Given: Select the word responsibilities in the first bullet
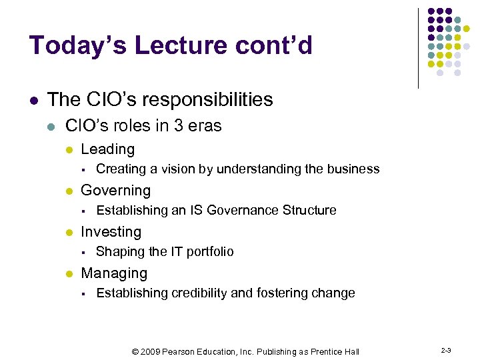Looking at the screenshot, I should click(x=212, y=100).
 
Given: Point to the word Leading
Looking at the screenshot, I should click(x=107, y=149).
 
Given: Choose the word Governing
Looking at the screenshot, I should click(x=115, y=191).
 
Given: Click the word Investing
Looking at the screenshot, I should click(x=111, y=232).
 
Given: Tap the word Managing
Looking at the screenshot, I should click(x=113, y=273).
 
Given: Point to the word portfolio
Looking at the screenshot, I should click(x=210, y=252).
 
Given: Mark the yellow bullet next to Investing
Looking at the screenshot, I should click(x=69, y=233).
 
